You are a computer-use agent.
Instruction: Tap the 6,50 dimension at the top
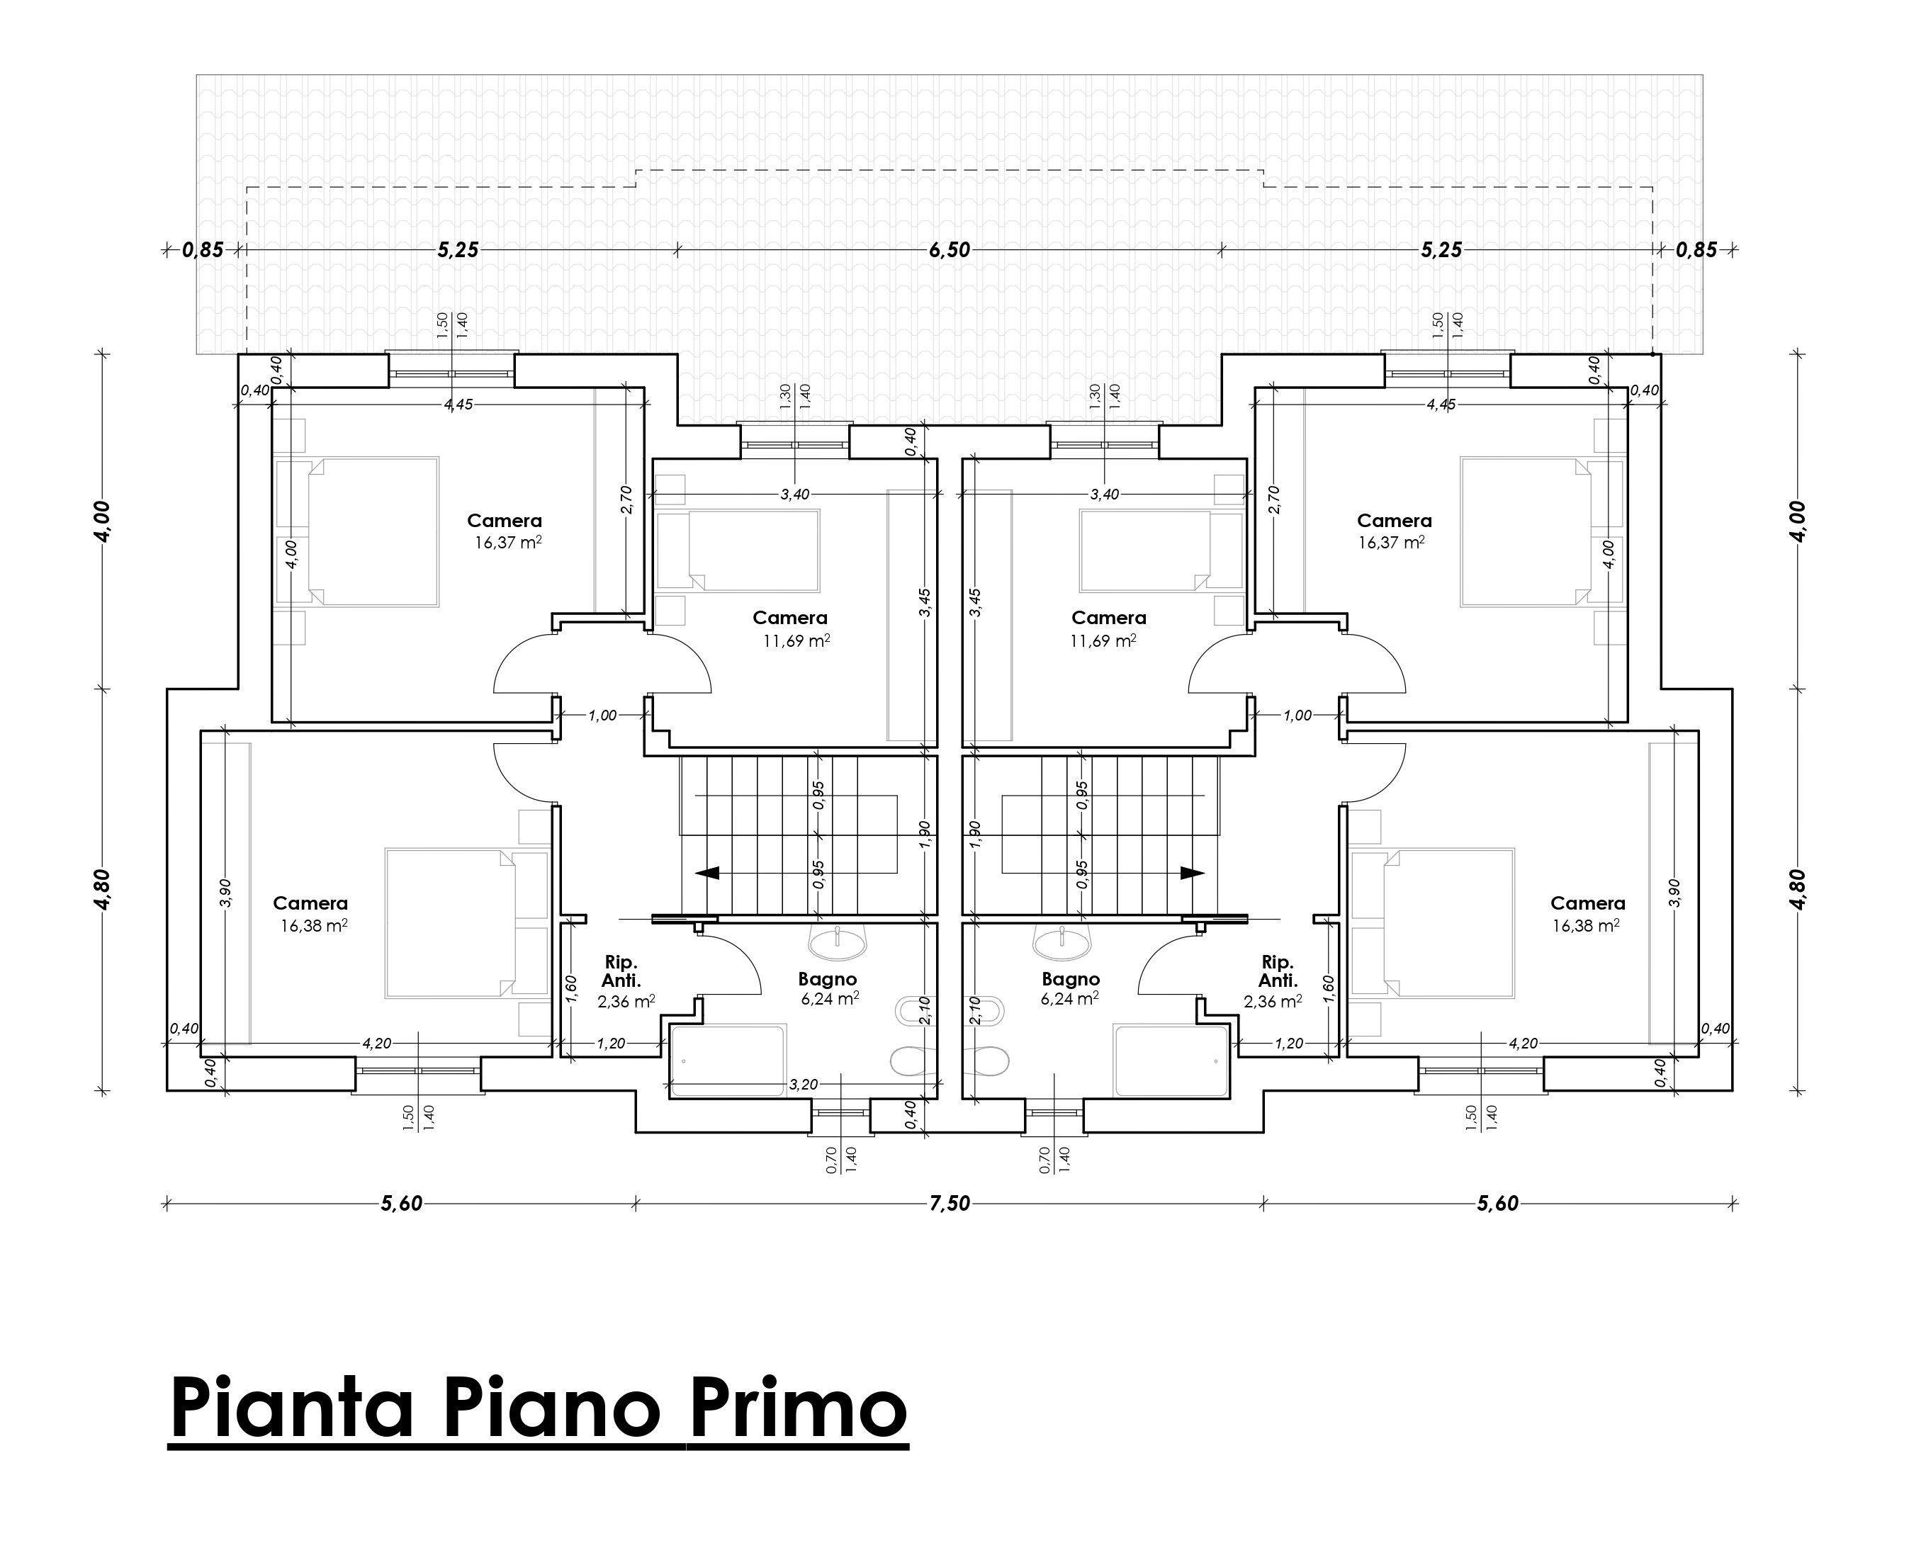pos(949,250)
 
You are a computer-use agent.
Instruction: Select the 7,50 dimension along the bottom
pos(949,1204)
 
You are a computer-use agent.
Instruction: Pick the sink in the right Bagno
pos(1061,940)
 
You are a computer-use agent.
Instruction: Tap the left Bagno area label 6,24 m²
pos(830,998)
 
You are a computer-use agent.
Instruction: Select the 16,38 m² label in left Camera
pos(313,926)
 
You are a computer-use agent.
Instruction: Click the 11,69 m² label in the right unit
pos(1103,640)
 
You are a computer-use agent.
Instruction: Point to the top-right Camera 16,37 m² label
pos(1391,542)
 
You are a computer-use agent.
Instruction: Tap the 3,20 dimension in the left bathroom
pos(803,1084)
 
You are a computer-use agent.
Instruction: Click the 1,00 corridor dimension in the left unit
pos(602,716)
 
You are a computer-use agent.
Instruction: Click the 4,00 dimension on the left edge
pos(102,521)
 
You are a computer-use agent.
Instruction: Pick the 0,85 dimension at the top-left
pos(203,250)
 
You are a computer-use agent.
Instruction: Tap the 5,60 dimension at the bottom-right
pos(1497,1204)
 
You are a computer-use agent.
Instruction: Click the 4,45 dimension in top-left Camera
pos(458,405)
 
